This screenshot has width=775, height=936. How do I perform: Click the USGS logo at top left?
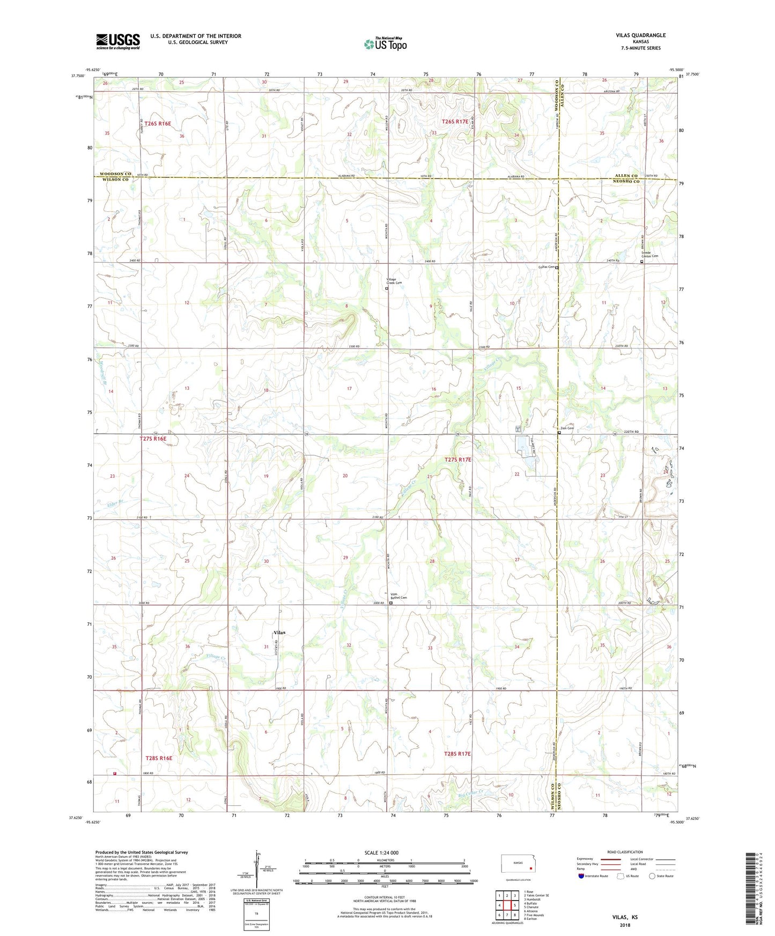[x=118, y=41]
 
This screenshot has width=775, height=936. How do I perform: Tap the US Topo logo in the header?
[x=385, y=44]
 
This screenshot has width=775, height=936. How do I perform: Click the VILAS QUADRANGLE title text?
[x=641, y=35]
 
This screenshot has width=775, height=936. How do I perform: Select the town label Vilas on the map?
[x=279, y=633]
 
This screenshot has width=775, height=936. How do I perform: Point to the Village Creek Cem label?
[x=394, y=281]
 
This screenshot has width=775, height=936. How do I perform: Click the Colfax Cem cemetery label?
[x=545, y=267]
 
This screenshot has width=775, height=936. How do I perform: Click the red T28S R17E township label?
[x=457, y=754]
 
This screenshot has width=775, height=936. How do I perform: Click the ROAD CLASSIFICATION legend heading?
[x=625, y=852]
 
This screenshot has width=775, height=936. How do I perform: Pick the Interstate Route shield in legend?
[x=581, y=876]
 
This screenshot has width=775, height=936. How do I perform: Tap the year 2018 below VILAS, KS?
[x=625, y=925]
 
